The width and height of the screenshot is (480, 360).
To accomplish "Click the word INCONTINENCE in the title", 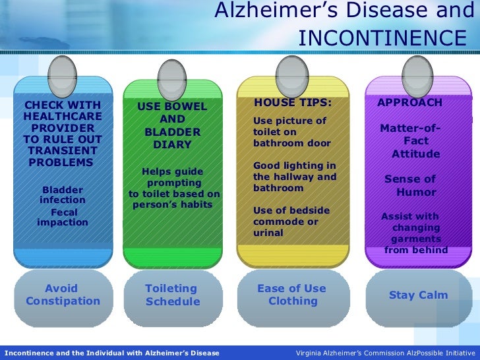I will tap(380, 37).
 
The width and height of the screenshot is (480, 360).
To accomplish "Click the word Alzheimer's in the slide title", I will tap(273, 11).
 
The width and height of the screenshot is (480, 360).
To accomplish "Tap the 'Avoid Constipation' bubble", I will tap(63, 295).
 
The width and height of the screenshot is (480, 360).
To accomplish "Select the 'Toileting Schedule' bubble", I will tap(172, 295).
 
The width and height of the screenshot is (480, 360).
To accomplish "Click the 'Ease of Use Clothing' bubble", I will tap(292, 295).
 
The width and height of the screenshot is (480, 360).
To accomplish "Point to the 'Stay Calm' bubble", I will tap(418, 295).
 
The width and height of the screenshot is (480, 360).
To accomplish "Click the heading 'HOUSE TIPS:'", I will tap(293, 104).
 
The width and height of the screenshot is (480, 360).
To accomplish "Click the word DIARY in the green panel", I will tap(172, 144).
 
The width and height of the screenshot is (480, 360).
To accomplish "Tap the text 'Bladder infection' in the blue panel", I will tap(63, 195).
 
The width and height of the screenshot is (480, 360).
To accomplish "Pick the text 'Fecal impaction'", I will tap(63, 217).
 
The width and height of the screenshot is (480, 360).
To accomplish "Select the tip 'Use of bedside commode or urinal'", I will tap(291, 222).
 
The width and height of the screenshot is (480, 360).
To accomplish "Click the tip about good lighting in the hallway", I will tap(295, 177).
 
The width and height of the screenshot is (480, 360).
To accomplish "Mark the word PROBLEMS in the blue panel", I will tap(61, 162).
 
